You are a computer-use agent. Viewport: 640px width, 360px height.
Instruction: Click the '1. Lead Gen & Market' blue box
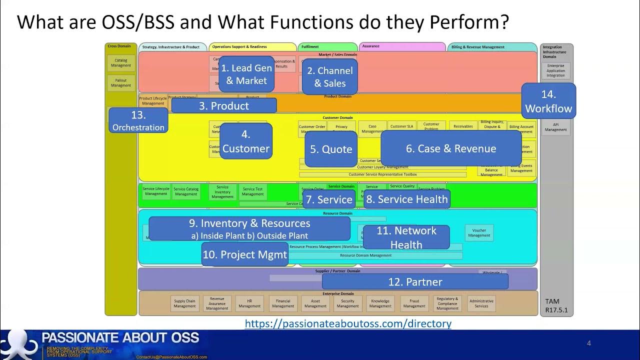(x=246, y=74)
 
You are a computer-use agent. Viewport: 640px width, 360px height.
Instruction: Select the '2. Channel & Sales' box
(x=329, y=77)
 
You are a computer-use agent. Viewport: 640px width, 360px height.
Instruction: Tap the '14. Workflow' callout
(x=548, y=101)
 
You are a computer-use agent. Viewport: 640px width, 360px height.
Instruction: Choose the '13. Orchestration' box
(x=138, y=120)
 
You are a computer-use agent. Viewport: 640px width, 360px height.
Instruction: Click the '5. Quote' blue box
(x=331, y=149)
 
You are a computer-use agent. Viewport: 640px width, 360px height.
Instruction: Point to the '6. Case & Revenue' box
(x=451, y=148)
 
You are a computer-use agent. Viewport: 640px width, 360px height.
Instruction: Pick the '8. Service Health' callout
(x=406, y=199)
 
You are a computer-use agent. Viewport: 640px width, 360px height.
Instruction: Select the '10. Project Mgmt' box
(x=245, y=254)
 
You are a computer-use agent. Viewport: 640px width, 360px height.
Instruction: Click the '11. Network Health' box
(x=406, y=237)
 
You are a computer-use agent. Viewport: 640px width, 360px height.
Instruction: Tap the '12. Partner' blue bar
(x=415, y=281)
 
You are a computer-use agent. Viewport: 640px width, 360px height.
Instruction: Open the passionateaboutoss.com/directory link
(x=348, y=323)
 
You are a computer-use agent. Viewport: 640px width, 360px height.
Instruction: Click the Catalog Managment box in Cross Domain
(x=121, y=63)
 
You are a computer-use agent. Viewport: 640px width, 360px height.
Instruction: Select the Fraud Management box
(x=414, y=303)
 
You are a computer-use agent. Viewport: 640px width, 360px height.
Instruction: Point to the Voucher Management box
(x=479, y=232)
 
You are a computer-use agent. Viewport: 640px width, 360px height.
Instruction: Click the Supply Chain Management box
(x=184, y=303)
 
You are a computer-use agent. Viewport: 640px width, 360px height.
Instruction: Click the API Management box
(x=556, y=127)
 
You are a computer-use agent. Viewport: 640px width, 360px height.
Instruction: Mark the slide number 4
(x=589, y=343)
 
